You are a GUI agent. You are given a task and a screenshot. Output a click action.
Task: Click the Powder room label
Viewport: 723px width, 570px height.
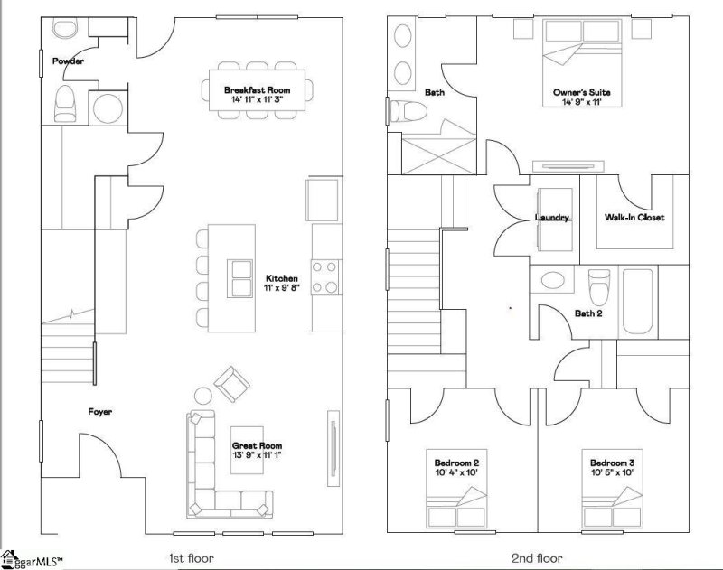pyautogui.click(x=68, y=61)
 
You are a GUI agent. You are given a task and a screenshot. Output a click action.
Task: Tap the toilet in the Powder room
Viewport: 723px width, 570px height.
pyautogui.click(x=64, y=104)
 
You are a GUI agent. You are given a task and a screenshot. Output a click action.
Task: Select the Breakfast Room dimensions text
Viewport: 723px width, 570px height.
pyautogui.click(x=258, y=99)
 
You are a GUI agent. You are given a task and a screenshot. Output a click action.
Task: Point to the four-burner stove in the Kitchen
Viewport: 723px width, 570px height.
pyautogui.click(x=324, y=277)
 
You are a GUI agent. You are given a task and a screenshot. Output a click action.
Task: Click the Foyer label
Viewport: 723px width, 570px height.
pyautogui.click(x=99, y=412)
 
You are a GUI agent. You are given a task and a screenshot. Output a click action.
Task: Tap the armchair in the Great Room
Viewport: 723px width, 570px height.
pyautogui.click(x=232, y=384)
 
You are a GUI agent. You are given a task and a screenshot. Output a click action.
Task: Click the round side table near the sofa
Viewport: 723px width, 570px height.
pyautogui.click(x=202, y=397)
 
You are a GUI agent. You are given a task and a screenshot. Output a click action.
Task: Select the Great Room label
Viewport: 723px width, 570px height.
pyautogui.click(x=257, y=445)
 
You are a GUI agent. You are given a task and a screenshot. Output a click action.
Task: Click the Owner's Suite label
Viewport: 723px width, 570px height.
pyautogui.click(x=582, y=92)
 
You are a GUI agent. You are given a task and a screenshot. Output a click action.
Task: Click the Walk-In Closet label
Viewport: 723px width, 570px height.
pyautogui.click(x=634, y=217)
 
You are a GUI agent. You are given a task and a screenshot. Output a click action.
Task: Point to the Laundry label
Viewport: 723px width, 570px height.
pyautogui.click(x=552, y=217)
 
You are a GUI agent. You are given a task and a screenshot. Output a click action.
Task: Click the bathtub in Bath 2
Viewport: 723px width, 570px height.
pyautogui.click(x=638, y=302)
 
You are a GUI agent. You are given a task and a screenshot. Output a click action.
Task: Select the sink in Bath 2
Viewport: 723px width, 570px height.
pyautogui.click(x=553, y=280)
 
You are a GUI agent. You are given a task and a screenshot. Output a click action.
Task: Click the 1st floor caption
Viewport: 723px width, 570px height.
pyautogui.click(x=191, y=559)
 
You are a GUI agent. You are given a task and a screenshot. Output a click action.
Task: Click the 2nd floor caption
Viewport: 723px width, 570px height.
pyautogui.click(x=537, y=559)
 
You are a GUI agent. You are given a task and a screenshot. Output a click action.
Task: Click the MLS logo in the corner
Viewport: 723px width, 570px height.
pyautogui.click(x=32, y=560)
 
